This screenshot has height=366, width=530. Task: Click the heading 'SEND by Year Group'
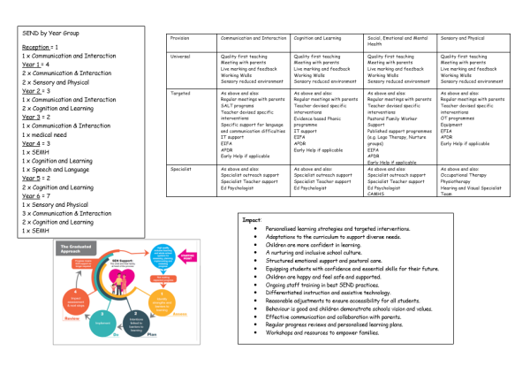(51, 34)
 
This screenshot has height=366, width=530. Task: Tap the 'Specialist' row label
(184, 169)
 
